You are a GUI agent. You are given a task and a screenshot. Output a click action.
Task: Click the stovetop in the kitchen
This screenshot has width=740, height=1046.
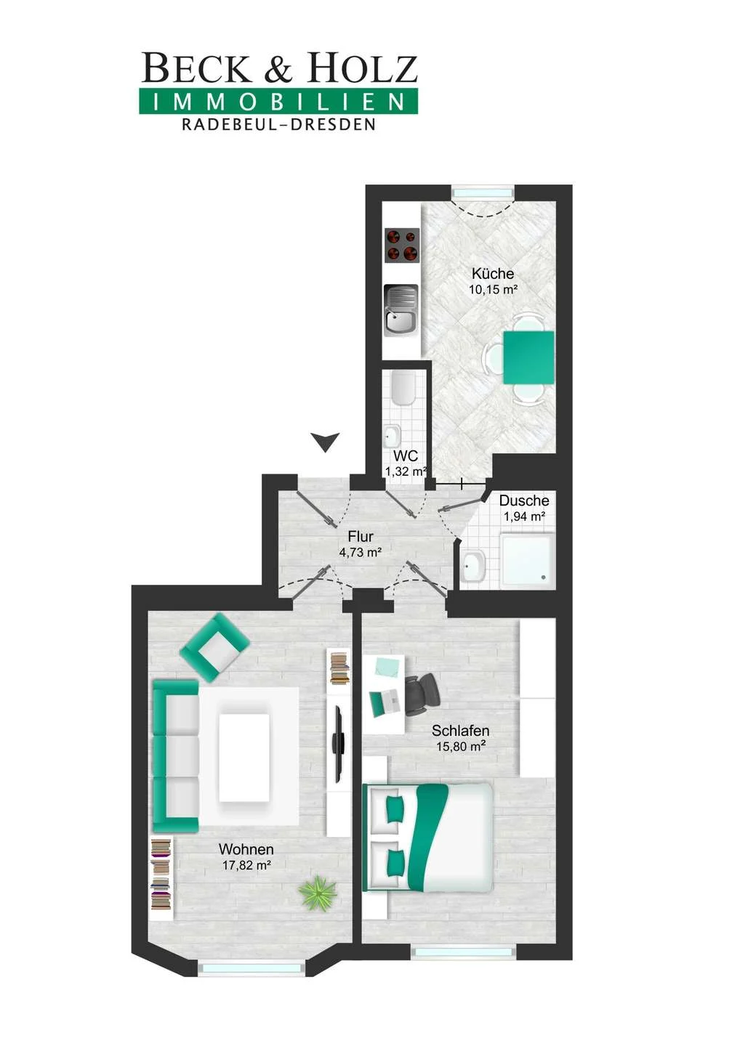click(x=401, y=246)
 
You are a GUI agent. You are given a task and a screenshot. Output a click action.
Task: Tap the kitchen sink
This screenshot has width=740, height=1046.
click(x=401, y=309)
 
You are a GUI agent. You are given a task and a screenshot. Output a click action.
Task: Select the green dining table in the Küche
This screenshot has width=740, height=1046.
click(x=529, y=357)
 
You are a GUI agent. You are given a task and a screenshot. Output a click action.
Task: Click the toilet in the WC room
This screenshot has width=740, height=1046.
click(x=403, y=389)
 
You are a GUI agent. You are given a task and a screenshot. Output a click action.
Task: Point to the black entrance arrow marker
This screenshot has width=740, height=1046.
click(x=326, y=442)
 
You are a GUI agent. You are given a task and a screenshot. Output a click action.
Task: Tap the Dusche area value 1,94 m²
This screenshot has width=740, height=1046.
click(x=525, y=516)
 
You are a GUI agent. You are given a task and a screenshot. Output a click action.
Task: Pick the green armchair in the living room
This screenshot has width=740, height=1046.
click(x=214, y=646)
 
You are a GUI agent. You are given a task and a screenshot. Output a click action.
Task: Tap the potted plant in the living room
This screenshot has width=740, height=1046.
click(x=318, y=893)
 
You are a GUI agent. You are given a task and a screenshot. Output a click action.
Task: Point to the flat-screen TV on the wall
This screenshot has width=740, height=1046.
click(x=337, y=745)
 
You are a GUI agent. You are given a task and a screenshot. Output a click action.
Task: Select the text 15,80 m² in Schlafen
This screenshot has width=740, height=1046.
click(x=459, y=746)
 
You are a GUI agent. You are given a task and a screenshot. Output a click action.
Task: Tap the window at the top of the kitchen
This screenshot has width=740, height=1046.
click(x=483, y=192)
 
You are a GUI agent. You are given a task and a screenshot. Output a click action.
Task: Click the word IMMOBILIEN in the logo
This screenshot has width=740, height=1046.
click(x=278, y=102)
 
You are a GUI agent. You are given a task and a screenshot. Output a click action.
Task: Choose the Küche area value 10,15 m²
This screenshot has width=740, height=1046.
click(x=494, y=290)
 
